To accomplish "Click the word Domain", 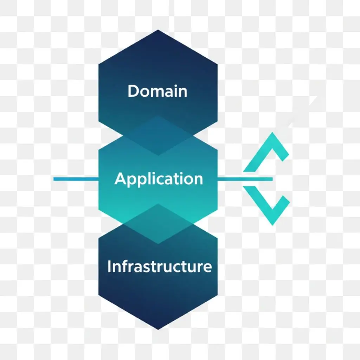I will (157, 91).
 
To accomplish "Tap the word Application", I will (159, 179).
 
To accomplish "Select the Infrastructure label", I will (159, 266).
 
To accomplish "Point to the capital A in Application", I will (121, 179).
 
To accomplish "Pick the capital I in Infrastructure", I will (110, 266).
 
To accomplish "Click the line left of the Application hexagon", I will (76, 179).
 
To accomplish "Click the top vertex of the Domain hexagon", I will (158, 30).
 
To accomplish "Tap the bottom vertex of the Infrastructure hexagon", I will (158, 329).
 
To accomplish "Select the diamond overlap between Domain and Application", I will (158, 135).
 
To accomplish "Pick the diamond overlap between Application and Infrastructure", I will (158, 224).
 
